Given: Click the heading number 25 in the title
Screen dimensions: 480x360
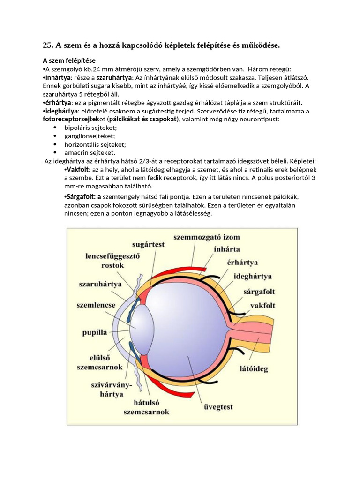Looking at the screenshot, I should [47, 45].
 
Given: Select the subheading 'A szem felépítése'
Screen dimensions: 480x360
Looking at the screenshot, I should [69, 60].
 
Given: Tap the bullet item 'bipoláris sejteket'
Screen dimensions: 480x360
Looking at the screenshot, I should [87, 127].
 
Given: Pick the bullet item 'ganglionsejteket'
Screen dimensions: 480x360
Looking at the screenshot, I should [86, 136].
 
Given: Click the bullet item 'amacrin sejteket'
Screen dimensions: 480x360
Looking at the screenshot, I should [86, 152].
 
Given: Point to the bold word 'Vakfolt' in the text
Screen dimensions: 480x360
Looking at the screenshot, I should [79, 169].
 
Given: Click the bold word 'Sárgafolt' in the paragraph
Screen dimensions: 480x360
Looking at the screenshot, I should [81, 197].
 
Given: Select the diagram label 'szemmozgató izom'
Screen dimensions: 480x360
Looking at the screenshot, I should [206, 237].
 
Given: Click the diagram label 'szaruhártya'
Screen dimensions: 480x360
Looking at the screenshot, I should [100, 284].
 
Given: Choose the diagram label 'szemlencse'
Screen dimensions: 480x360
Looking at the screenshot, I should [96, 305].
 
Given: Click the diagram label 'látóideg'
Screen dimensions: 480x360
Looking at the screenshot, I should [253, 368].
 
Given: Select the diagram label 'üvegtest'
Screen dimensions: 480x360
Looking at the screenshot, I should [217, 407].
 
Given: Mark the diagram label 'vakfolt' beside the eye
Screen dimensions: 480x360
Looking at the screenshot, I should [262, 305].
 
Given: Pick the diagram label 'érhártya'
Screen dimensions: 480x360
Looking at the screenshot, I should [242, 262].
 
